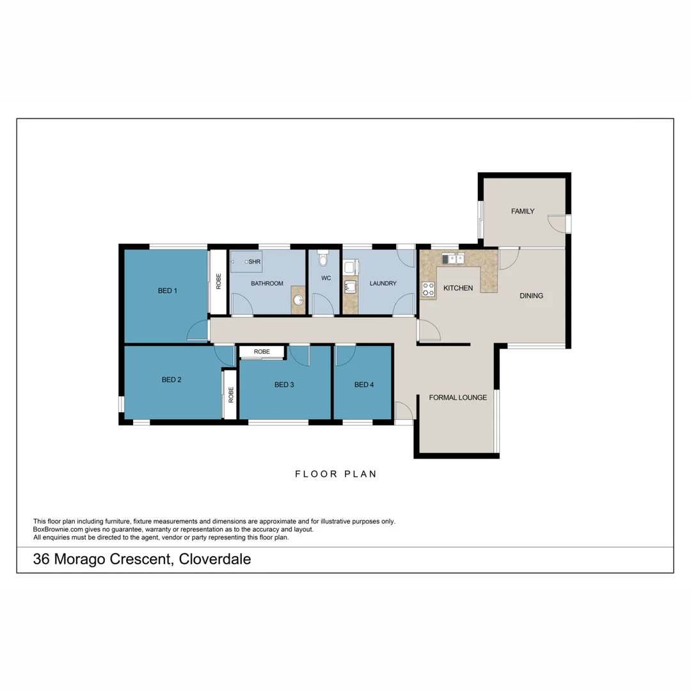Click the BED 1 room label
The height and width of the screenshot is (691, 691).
pyautogui.click(x=168, y=290)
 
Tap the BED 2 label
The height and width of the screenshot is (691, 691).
pyautogui.click(x=171, y=379)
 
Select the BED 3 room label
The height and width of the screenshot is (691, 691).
pyautogui.click(x=284, y=385)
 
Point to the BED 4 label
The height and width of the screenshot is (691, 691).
pyautogui.click(x=363, y=385)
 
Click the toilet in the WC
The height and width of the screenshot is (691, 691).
pyautogui.click(x=322, y=258)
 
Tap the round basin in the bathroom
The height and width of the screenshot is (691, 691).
pyautogui.click(x=298, y=299)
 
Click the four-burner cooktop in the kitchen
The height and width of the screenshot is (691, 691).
pyautogui.click(x=428, y=290)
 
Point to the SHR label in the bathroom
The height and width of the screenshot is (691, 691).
pyautogui.click(x=254, y=262)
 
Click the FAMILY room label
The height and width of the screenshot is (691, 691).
pyautogui.click(x=522, y=211)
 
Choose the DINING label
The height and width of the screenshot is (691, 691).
pyautogui.click(x=531, y=296)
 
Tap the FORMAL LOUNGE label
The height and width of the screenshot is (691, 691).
pyautogui.click(x=457, y=397)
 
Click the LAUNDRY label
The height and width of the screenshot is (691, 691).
pyautogui.click(x=383, y=283)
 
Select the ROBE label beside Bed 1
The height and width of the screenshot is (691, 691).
pyautogui.click(x=218, y=282)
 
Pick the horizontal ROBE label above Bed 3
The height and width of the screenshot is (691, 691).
pyautogui.click(x=261, y=352)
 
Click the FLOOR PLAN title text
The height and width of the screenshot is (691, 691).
pyautogui.click(x=335, y=474)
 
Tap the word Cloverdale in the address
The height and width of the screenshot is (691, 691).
pyautogui.click(x=215, y=560)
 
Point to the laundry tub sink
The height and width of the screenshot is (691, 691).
pyautogui.click(x=350, y=287)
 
